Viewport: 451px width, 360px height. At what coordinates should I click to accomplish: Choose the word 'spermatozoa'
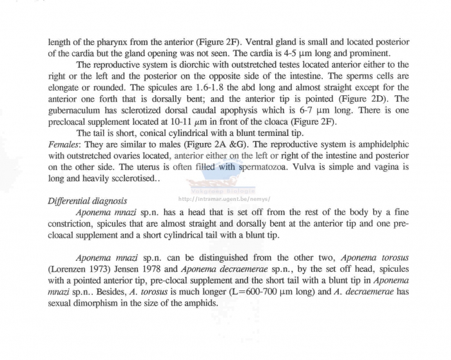pyautogui.click(x=244, y=166)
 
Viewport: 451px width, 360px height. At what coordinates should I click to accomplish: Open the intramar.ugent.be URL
pyautogui.click(x=222, y=199)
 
